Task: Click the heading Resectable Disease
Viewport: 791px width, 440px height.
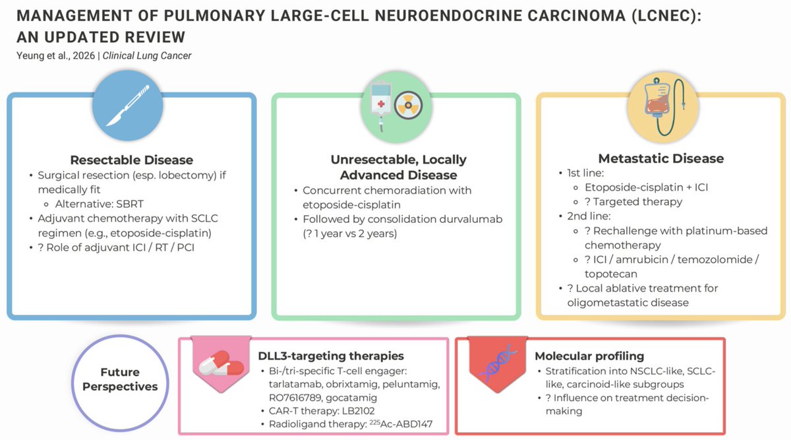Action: pos(131,160)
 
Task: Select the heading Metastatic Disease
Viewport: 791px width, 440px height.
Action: pos(660,158)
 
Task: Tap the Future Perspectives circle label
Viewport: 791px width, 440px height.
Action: pos(120,379)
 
